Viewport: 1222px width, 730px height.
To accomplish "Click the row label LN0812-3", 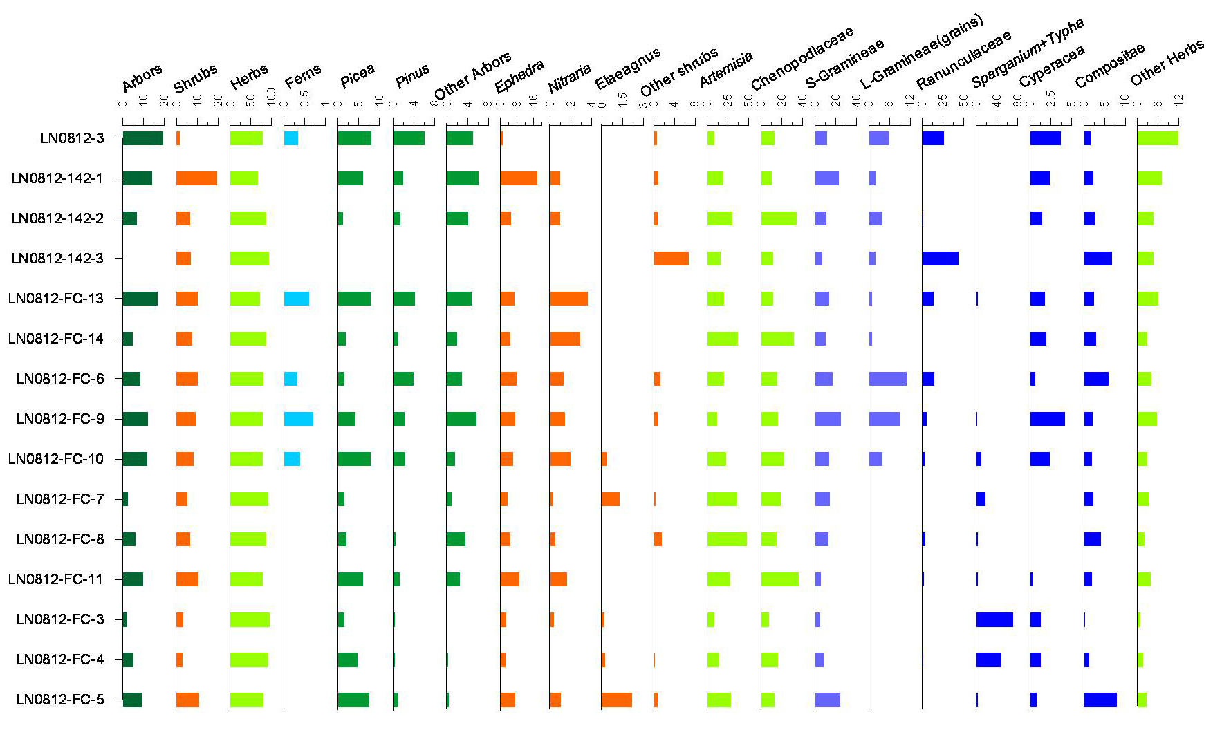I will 72,138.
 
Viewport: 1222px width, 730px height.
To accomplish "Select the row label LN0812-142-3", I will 57,259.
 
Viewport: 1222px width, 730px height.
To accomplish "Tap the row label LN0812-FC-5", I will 60,700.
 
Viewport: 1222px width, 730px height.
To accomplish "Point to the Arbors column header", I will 142,77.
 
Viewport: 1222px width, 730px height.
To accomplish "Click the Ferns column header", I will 303,76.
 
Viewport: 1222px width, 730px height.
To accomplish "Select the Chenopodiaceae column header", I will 802,59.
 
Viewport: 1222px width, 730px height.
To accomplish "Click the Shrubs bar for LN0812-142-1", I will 196,178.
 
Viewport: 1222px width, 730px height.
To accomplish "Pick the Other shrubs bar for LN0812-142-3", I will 671,259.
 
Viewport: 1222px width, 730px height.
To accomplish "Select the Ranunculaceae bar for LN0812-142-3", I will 940,259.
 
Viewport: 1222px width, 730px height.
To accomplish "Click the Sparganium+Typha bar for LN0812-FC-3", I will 994,619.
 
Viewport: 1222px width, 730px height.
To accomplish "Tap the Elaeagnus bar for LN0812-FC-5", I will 616,700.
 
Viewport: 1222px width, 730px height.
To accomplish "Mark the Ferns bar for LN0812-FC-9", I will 298,419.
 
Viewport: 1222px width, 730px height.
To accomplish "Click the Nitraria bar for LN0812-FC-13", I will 568,299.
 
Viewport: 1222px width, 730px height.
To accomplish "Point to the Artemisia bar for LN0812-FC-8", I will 727,539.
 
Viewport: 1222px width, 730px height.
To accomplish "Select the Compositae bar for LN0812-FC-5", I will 1100,700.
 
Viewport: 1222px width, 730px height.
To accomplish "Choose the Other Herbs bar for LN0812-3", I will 1158,138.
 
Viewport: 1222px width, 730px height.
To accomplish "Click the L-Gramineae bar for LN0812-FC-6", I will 887,379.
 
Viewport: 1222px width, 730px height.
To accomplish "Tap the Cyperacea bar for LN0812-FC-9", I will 1047,419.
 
